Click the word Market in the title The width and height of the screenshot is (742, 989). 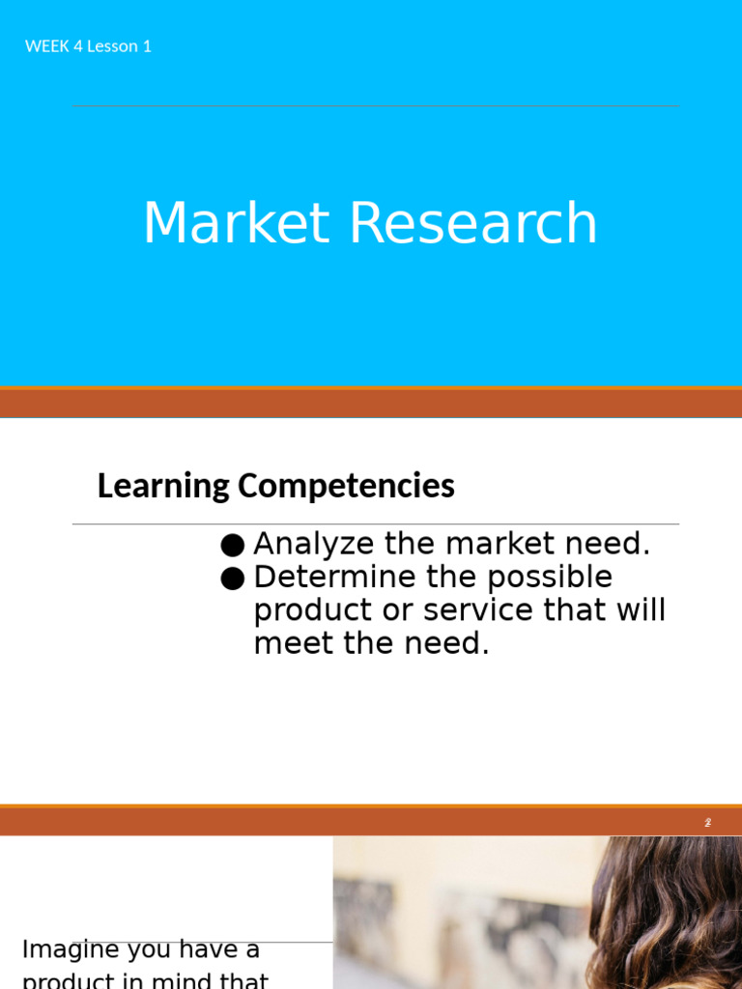[237, 223]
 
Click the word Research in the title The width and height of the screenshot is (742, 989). [472, 223]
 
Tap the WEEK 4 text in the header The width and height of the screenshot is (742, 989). [54, 46]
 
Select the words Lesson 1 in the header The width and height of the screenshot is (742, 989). [119, 46]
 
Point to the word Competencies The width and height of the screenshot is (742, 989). [346, 485]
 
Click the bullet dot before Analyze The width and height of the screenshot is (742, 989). [232, 546]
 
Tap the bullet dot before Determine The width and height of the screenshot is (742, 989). [232, 579]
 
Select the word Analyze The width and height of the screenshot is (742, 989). [312, 544]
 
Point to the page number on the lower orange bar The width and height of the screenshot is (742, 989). [707, 822]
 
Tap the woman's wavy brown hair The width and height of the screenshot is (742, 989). [667, 908]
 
